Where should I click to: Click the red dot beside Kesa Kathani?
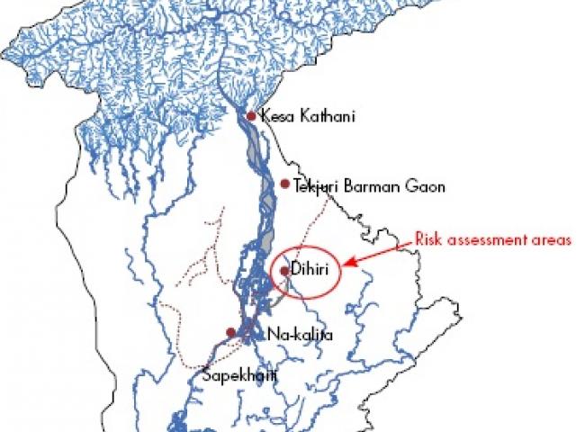click(251, 115)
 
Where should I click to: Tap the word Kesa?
click(274, 115)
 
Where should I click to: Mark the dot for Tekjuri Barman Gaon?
click(284, 184)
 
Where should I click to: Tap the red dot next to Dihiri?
click(284, 270)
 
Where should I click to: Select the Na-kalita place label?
click(301, 335)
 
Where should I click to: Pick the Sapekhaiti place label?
click(237, 374)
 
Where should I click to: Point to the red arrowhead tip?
click(346, 265)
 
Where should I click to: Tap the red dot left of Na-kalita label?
click(231, 332)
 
